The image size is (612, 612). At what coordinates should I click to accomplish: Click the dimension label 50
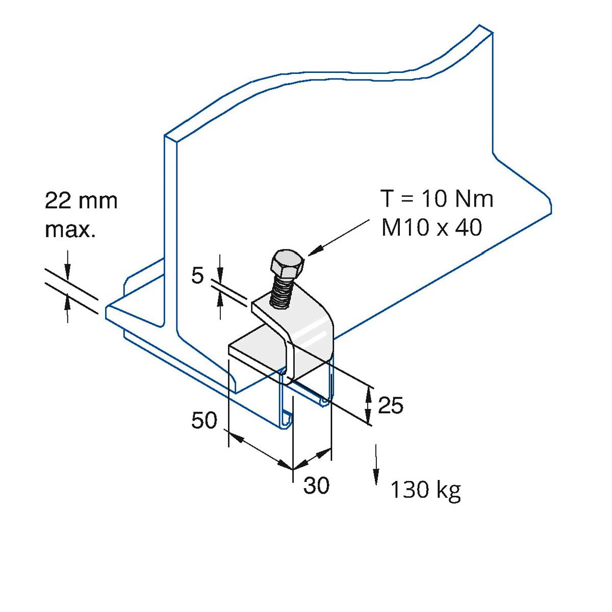coord(204,421)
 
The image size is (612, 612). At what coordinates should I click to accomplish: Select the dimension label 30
coord(316,486)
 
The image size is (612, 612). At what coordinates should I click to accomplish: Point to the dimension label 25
coord(391,405)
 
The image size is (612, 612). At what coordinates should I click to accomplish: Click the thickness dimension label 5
coord(197,276)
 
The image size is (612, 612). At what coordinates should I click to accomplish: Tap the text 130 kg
coord(425,490)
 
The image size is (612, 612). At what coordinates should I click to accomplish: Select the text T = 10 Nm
coord(437,199)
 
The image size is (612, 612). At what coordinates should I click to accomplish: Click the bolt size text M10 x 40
coord(431,227)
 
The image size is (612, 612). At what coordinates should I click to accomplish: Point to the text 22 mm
coord(81,201)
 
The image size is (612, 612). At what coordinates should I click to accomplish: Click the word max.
coord(70,230)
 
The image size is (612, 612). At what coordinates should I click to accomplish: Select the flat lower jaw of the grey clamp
coord(255,352)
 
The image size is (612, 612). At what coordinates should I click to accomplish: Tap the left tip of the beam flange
coord(109,311)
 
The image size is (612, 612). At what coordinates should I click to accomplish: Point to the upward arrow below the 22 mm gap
coord(67,306)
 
